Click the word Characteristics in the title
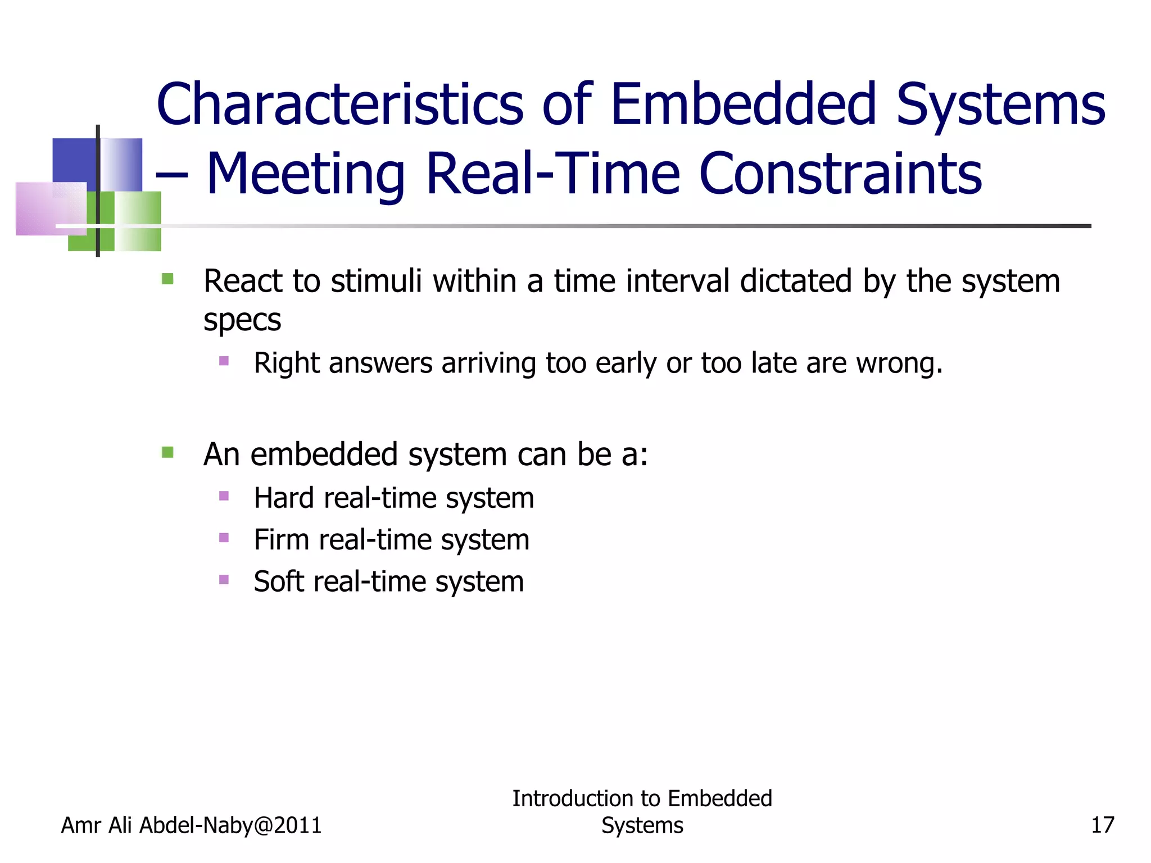[340, 105]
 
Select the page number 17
[1102, 825]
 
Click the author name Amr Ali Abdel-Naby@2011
[191, 825]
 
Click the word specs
[242, 321]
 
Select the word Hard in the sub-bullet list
[283, 498]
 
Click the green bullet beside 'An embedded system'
[167, 452]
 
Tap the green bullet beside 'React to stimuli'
[167, 279]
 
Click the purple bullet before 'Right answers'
[224, 361]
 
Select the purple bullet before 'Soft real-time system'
[224, 579]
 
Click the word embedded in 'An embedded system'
[323, 455]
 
